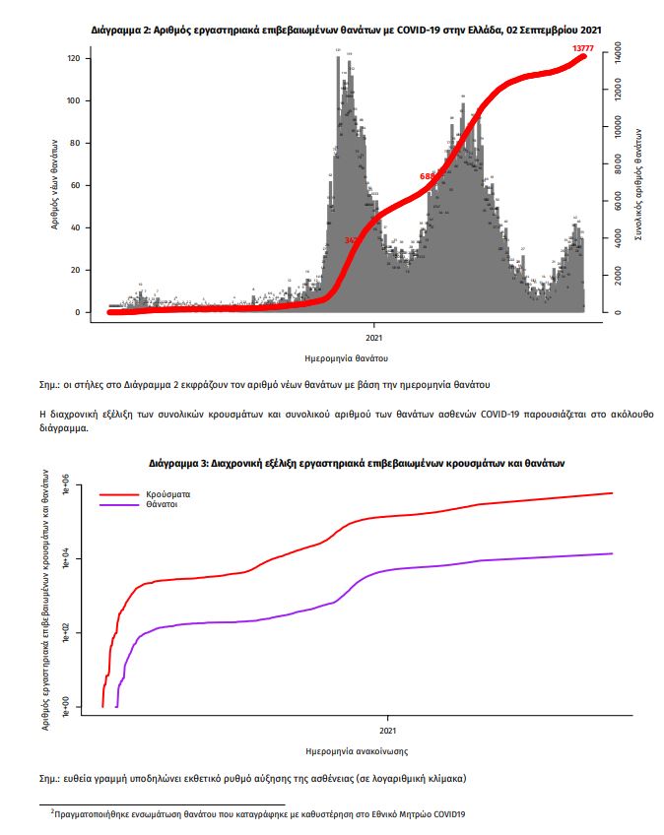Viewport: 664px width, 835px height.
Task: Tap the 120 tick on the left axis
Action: pos(72,59)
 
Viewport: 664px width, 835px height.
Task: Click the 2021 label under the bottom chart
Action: pos(388,731)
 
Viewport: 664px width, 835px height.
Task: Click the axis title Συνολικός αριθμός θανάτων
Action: pos(640,186)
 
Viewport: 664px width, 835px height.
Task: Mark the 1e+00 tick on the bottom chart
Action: pos(66,705)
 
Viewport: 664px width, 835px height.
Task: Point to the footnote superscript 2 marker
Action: pos(52,810)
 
